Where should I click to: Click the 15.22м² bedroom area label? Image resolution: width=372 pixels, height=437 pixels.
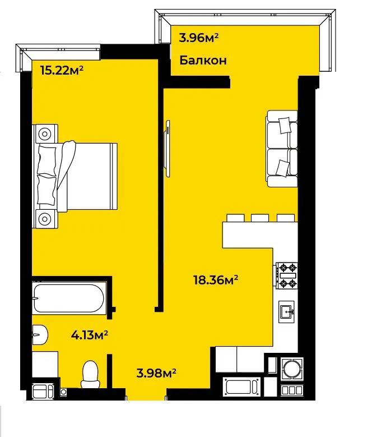tap(62, 70)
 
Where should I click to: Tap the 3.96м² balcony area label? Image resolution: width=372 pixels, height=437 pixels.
tap(198, 38)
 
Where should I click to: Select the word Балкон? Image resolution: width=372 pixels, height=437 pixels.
tap(203, 60)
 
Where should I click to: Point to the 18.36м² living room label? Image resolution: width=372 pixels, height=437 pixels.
tap(216, 280)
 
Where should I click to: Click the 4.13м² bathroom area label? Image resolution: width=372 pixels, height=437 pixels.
tap(90, 335)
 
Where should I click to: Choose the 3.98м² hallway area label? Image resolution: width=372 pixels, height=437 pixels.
tap(156, 373)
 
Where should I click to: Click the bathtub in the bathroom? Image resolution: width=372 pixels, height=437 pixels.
tap(69, 298)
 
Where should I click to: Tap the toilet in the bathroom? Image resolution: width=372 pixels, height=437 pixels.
tap(90, 374)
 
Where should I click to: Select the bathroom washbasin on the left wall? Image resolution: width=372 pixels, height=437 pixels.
tap(40, 335)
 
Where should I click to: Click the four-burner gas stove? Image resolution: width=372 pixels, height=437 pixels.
tap(287, 275)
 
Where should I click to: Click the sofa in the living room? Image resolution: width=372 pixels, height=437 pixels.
tap(282, 149)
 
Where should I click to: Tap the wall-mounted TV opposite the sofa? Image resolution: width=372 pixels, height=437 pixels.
tap(168, 148)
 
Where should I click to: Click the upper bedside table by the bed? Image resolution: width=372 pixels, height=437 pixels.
tap(45, 134)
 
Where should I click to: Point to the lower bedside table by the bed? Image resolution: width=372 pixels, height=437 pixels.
tap(45, 219)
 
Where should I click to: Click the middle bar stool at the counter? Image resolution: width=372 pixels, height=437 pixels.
tap(260, 218)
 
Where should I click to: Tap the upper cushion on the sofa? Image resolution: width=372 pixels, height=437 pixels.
tap(285, 125)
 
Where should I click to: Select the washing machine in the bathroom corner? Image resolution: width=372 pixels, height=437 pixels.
tap(43, 390)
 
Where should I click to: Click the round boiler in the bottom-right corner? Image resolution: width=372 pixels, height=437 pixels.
tap(292, 368)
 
